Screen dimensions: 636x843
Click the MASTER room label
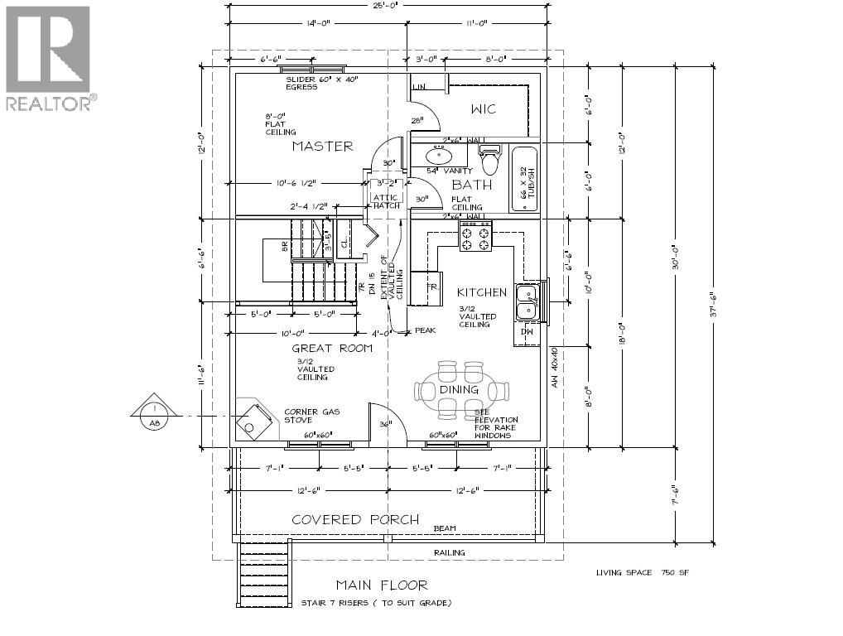click(x=322, y=147)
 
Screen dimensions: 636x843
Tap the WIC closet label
click(x=484, y=109)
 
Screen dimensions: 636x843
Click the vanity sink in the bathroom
click(x=438, y=155)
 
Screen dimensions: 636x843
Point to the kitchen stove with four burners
click(x=475, y=236)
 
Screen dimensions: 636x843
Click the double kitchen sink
click(x=526, y=301)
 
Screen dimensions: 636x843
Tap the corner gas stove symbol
click(x=253, y=418)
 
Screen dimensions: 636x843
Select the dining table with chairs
click(x=460, y=389)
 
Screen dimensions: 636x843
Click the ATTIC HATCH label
click(x=386, y=201)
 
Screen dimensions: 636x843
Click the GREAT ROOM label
click(x=331, y=349)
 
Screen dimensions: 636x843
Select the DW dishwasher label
click(x=527, y=331)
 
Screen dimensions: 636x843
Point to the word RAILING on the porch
click(x=450, y=552)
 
